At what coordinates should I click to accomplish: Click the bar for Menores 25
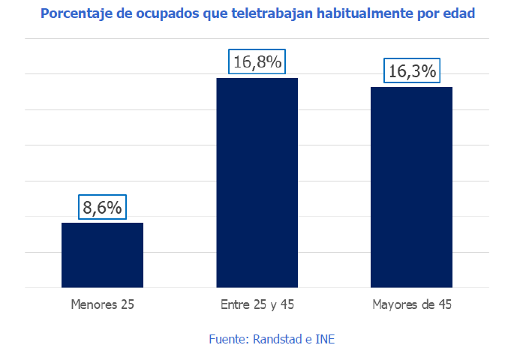point(102,255)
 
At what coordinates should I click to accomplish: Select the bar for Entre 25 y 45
point(257,182)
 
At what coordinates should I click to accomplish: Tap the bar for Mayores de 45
point(412,187)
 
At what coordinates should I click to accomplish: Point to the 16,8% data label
point(257,62)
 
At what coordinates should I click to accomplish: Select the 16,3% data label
point(412,71)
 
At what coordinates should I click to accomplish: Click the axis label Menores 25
point(102,305)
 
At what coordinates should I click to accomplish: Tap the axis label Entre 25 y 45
point(257,305)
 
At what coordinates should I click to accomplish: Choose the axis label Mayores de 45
point(412,305)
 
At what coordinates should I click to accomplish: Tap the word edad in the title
point(459,14)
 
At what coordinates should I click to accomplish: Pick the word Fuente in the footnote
point(226,339)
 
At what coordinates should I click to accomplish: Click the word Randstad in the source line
point(275,339)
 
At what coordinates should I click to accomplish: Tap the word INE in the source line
point(324,339)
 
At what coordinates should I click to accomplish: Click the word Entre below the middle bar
point(235,305)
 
